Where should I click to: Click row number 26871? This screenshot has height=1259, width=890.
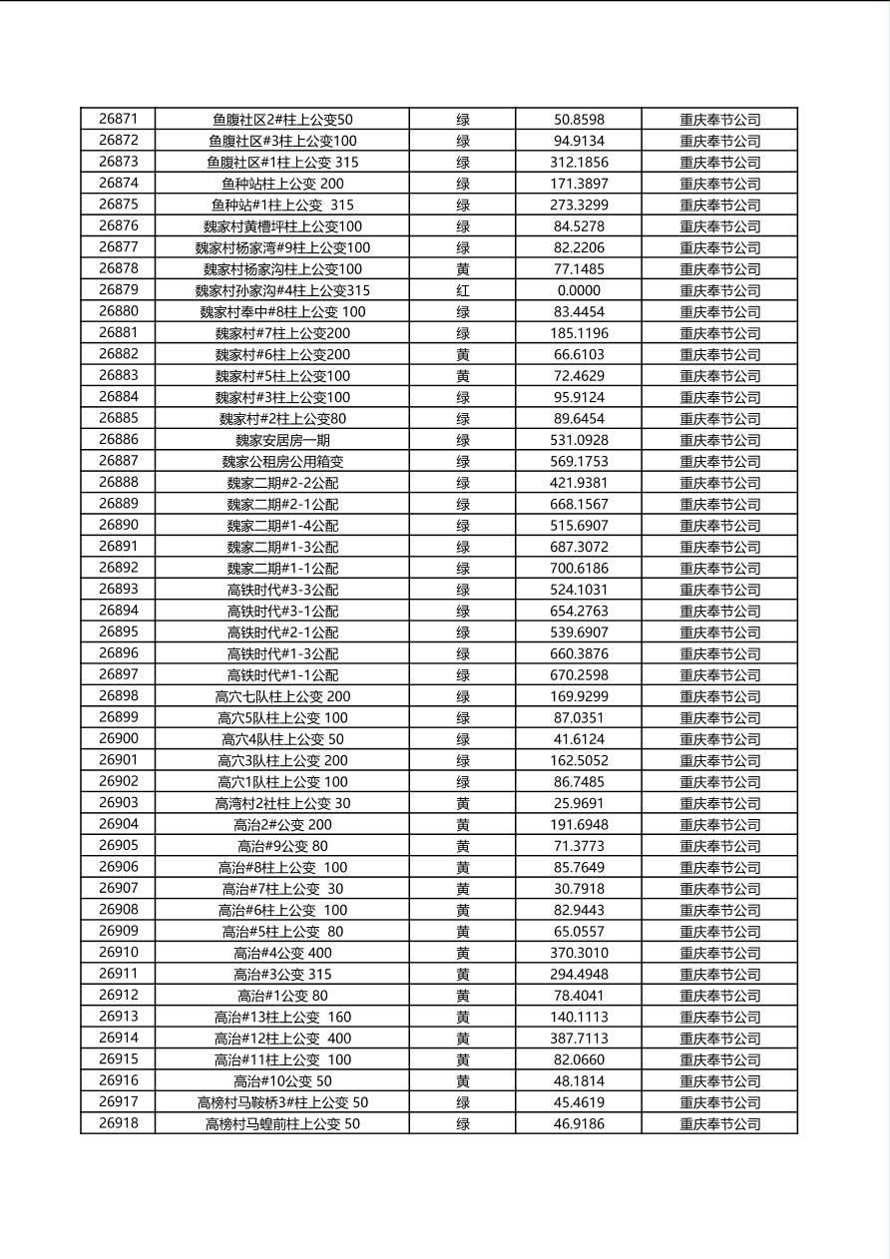click(118, 119)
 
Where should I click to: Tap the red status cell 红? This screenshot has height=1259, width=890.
click(463, 290)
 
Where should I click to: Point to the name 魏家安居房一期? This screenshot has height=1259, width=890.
click(282, 440)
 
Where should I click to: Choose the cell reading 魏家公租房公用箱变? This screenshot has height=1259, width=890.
click(282, 461)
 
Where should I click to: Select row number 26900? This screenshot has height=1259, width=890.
click(118, 739)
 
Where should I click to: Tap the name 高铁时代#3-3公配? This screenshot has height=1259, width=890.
click(282, 590)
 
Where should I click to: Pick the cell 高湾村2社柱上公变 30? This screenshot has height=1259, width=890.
click(282, 803)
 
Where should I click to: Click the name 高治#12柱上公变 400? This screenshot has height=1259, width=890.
click(282, 1039)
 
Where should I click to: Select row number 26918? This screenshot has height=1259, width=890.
click(118, 1123)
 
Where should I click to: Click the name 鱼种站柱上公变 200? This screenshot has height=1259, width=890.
click(282, 184)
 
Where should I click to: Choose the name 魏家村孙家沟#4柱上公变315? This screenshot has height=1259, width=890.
click(282, 290)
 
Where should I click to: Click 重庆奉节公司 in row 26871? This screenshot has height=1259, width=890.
click(719, 119)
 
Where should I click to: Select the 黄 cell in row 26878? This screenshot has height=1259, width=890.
click(463, 268)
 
